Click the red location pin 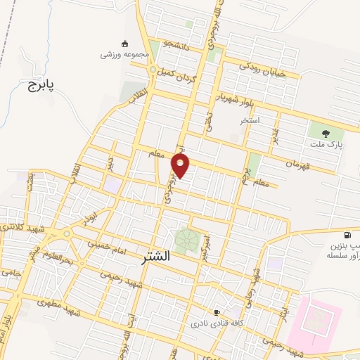(x=181, y=165)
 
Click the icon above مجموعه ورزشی (x=125, y=42)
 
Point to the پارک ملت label (x=324, y=143)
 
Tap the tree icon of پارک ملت (x=325, y=132)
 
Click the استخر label (x=249, y=120)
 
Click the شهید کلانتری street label (x=20, y=229)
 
